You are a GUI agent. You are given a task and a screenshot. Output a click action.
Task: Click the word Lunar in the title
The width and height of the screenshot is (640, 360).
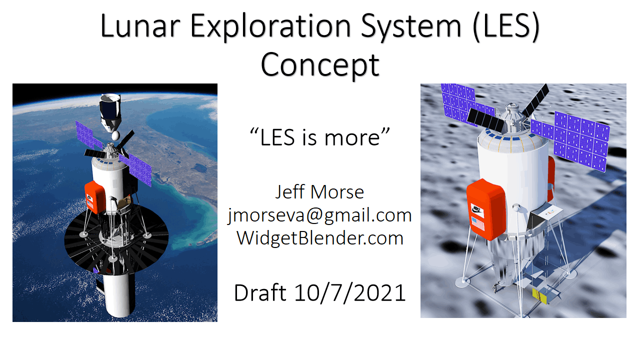tap(140, 26)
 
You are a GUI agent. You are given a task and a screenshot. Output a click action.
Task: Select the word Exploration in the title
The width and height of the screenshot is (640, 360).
tap(270, 27)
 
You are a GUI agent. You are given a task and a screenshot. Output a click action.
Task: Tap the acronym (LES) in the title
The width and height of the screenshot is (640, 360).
tap(505, 27)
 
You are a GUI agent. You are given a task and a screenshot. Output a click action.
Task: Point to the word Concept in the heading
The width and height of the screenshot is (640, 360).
tap(319, 65)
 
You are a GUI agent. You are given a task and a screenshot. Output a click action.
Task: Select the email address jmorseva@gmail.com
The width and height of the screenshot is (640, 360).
tap(319, 215)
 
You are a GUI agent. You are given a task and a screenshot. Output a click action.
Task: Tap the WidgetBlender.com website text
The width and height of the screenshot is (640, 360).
tap(319, 237)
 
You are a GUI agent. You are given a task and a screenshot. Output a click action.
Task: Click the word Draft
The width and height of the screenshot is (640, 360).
tap(260, 292)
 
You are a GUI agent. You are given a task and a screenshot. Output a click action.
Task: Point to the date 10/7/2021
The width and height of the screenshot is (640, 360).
tap(350, 293)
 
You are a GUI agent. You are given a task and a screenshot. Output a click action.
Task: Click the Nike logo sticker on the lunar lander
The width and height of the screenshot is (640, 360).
tap(476, 210)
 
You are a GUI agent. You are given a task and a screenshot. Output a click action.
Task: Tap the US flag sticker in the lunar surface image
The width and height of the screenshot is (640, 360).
tap(477, 223)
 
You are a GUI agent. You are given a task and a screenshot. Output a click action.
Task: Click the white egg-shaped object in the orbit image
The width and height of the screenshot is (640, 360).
tap(115, 135)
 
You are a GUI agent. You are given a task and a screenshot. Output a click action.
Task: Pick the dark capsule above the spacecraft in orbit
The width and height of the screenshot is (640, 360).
tap(110, 112)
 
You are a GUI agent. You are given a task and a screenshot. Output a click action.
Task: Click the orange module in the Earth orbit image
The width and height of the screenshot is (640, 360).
tap(95, 197)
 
